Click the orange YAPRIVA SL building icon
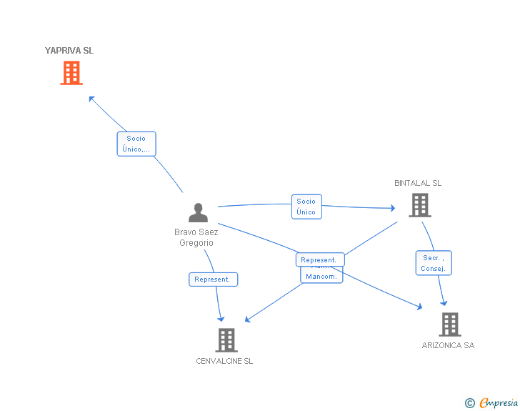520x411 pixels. click(71, 73)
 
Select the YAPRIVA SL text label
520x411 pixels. click(69, 51)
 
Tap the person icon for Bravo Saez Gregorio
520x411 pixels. click(197, 213)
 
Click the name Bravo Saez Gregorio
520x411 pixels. click(196, 237)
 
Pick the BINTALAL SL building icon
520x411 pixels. click(419, 205)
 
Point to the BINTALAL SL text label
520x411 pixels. click(418, 183)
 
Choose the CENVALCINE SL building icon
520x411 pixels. click(226, 340)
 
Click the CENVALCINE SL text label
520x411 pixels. click(224, 361)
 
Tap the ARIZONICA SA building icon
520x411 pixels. click(449, 325)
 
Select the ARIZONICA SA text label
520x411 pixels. click(448, 345)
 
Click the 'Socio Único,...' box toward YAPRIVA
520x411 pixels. click(136, 144)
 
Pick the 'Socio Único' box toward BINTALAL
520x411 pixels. click(306, 207)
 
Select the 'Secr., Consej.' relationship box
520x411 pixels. click(433, 263)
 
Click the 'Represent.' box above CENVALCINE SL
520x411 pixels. click(212, 279)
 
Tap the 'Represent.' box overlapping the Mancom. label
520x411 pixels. click(320, 260)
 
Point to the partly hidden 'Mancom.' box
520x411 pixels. click(321, 277)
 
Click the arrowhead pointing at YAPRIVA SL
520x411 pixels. click(91, 99)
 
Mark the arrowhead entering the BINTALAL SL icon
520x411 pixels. click(392, 209)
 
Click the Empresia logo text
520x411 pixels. click(499, 403)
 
